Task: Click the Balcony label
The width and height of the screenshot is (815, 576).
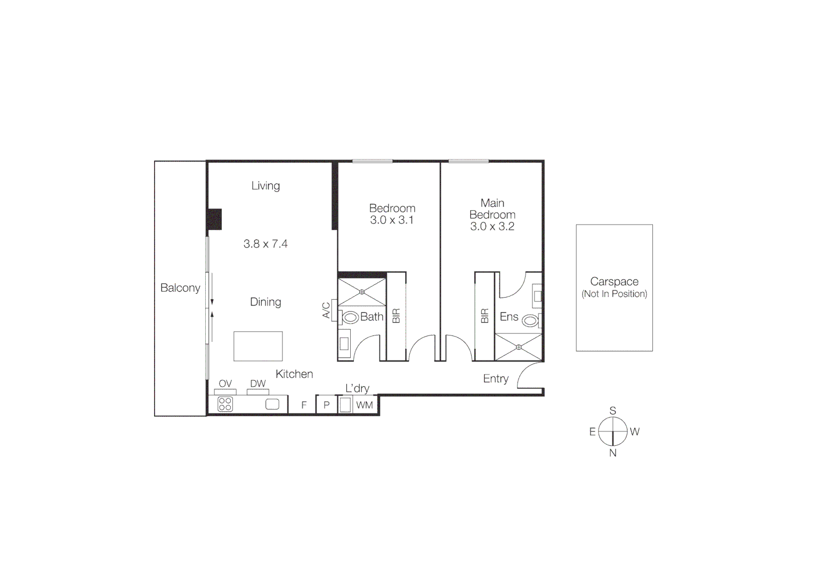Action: (x=180, y=288)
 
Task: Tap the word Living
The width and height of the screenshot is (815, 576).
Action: (x=265, y=186)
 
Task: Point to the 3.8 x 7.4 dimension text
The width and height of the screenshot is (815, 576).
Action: (x=265, y=244)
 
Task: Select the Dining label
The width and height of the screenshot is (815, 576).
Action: (x=265, y=302)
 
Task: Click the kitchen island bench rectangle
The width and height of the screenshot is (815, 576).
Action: (x=258, y=346)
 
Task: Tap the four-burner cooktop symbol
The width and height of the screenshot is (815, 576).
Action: (x=225, y=404)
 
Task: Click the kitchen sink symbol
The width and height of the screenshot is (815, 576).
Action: (x=272, y=404)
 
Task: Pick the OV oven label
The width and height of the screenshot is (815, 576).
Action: (x=225, y=383)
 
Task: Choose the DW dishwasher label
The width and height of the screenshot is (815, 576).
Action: (x=258, y=383)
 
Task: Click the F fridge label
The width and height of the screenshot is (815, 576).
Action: (x=304, y=405)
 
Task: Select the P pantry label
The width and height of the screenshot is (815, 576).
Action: (x=327, y=405)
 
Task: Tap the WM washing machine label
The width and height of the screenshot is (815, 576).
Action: (x=365, y=405)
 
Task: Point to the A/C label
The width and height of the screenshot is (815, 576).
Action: (x=326, y=310)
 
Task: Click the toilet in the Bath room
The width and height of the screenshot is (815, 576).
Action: (x=350, y=318)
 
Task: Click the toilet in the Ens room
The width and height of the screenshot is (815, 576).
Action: (x=530, y=321)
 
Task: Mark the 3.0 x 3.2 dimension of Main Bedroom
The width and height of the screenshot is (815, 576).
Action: (x=492, y=226)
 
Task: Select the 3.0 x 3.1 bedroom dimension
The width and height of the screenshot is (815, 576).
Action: (x=392, y=220)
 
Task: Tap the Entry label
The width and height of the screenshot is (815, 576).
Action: (x=496, y=379)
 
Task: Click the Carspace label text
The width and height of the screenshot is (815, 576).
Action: (x=614, y=282)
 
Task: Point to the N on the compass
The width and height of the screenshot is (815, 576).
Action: (x=613, y=453)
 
